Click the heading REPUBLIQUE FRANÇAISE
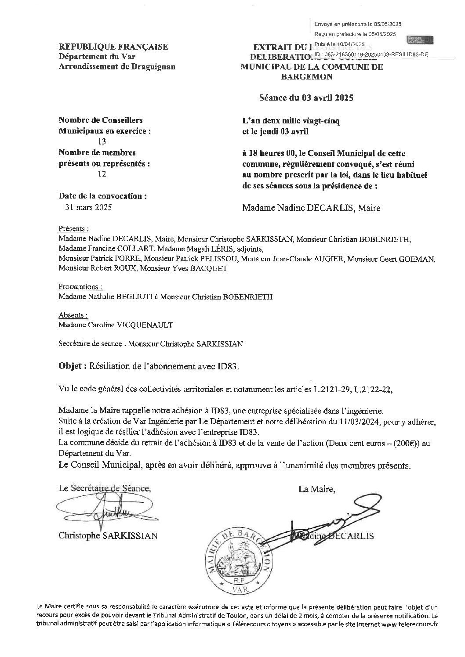113,47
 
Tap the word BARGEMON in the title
307,77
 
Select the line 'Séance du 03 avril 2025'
306,98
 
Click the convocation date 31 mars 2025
88,207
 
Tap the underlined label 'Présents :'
73,229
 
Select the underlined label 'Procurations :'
80,287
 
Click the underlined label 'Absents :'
73,315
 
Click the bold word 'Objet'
69,366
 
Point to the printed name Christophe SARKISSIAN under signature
108,536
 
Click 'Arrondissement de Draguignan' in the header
117,67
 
